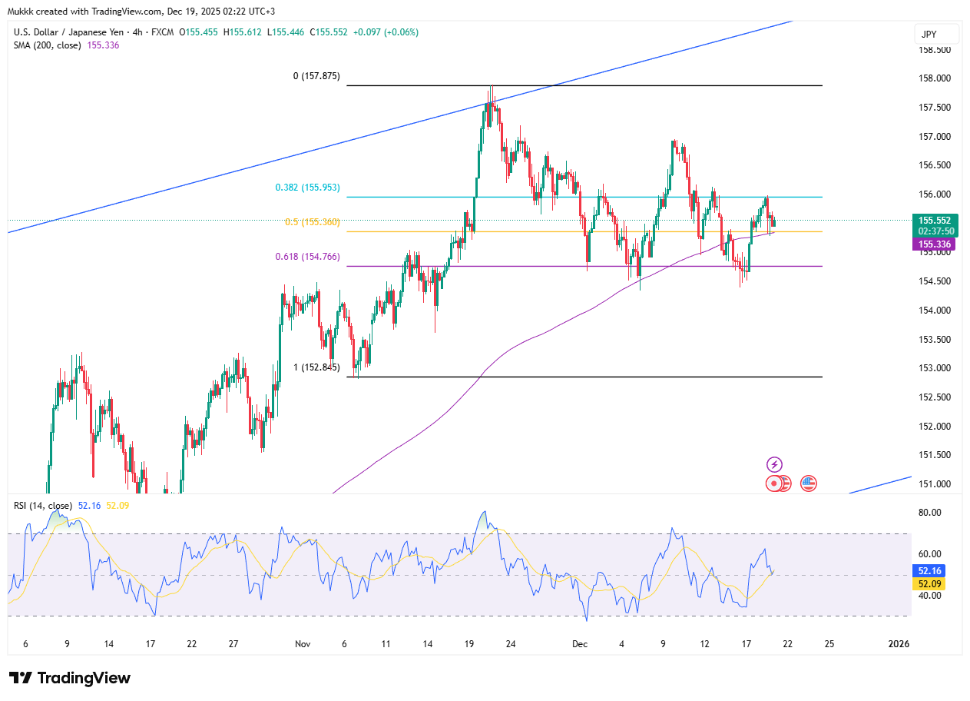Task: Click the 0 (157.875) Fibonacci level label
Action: pos(316,76)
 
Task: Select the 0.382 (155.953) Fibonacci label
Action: pos(307,188)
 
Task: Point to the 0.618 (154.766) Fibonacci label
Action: pos(307,257)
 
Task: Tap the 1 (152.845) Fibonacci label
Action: pos(316,367)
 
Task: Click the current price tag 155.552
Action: pos(935,220)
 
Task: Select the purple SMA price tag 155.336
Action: pos(935,244)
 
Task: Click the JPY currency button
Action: pos(936,35)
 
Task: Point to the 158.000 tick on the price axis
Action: pos(935,78)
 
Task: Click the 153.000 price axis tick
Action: pos(935,368)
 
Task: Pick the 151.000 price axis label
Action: pos(935,484)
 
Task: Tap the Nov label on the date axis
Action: pos(303,644)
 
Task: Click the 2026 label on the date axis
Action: pos(898,644)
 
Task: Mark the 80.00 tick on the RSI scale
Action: pos(929,513)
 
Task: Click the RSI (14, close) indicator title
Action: pos(43,506)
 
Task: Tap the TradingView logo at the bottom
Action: pos(70,678)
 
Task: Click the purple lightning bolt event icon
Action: pos(775,464)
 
